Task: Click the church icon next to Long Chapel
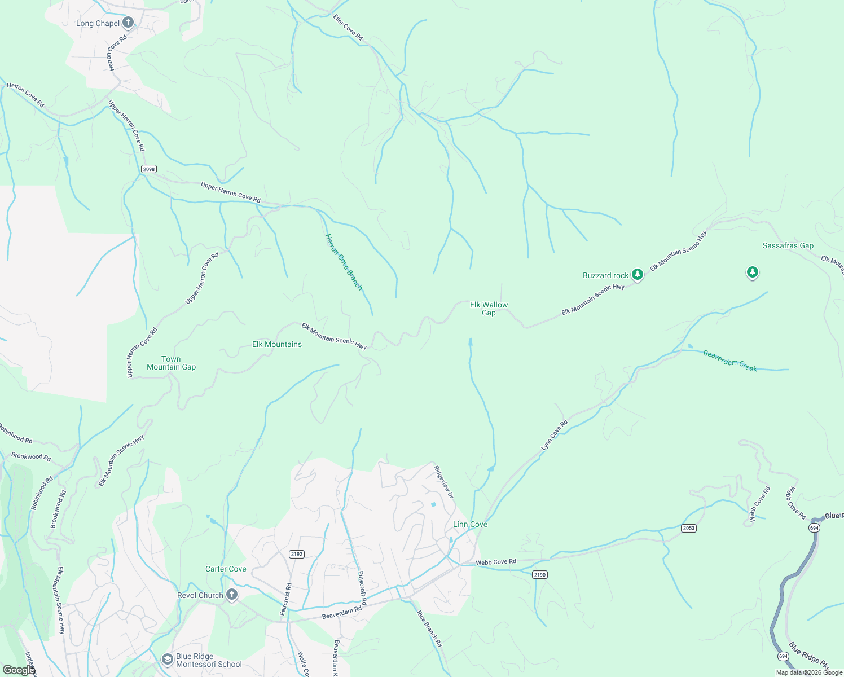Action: coord(128,23)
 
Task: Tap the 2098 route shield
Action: coord(149,169)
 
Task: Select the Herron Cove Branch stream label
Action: coord(344,262)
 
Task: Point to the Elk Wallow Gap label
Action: coord(489,309)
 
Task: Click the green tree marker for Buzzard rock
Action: coord(638,275)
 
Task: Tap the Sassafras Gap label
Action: coord(788,245)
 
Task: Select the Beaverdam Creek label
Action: coord(729,361)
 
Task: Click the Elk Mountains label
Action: coord(276,344)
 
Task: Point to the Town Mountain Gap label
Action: coord(171,363)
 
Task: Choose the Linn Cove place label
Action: coord(470,524)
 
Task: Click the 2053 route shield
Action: coord(688,528)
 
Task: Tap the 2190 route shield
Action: coord(540,574)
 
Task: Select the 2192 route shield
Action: coord(297,554)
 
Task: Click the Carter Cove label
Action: coord(226,569)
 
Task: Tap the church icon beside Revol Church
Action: coord(231,595)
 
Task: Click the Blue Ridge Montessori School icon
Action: coord(167,659)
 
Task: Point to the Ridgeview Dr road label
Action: coord(443,481)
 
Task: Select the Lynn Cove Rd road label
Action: coord(554,435)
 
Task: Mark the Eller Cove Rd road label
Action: coord(348,28)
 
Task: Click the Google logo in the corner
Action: coord(19,670)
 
